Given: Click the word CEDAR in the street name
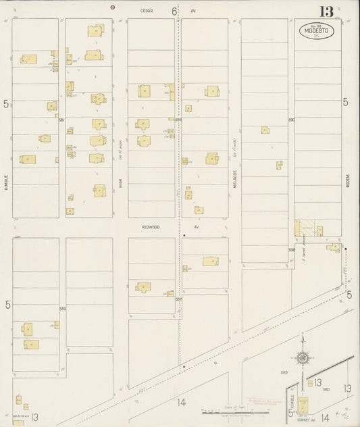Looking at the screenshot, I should pyautogui.click(x=147, y=11).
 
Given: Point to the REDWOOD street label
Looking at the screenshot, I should pyautogui.click(x=150, y=227).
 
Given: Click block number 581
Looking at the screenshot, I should pyautogui.click(x=61, y=120).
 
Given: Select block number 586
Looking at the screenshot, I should pyautogui.click(x=178, y=120).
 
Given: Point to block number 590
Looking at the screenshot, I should pyautogui.click(x=292, y=120).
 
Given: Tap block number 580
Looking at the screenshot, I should pyautogui.click(x=62, y=309).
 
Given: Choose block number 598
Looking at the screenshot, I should pyautogui.click(x=292, y=250).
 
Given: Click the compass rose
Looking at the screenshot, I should pyautogui.click(x=304, y=357).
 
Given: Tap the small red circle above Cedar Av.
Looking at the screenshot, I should pyautogui.click(x=113, y=7).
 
